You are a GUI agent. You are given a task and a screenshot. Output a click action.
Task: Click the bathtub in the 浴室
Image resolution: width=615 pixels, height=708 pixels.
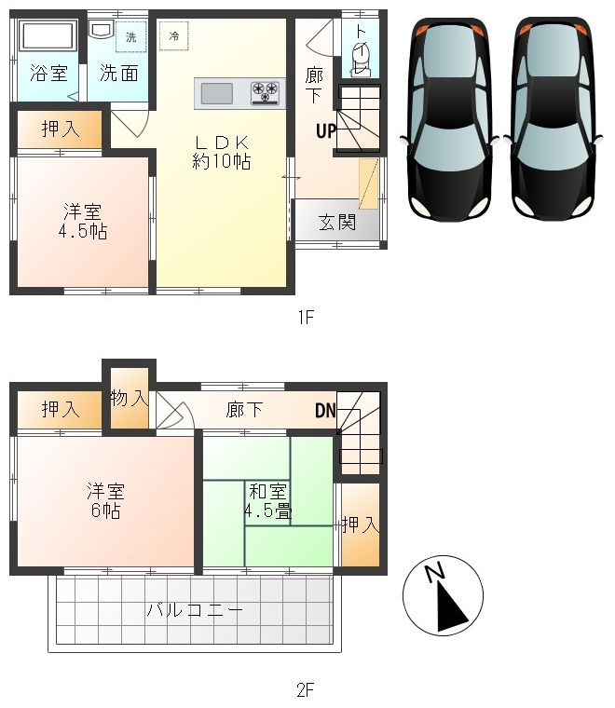pos(47,36)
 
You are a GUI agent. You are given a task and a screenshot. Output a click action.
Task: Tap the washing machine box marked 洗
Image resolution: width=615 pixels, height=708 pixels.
pos(131,36)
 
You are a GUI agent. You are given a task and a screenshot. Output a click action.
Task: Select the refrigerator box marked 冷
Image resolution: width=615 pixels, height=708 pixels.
pos(174,35)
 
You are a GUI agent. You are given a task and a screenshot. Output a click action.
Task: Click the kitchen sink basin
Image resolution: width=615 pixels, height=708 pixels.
pos(217,94)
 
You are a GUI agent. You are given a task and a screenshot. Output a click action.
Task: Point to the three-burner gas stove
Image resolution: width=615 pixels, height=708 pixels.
pos(265,93)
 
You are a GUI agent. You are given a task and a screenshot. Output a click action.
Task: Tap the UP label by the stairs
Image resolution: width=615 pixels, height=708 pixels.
pos(326,131)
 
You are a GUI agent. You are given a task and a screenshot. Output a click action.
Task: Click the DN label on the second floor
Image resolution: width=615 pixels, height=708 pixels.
pos(325,411)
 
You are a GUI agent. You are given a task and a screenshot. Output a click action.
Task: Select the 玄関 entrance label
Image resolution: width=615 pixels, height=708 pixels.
pos(337,223)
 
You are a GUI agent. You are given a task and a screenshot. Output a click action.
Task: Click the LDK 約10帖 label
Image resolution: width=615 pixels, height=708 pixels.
pos(222,152)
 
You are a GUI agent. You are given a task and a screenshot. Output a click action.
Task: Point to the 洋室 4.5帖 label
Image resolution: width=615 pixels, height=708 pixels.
pos(83,222)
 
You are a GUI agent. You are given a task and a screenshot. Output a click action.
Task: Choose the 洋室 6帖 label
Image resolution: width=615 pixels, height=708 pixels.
pos(105,501)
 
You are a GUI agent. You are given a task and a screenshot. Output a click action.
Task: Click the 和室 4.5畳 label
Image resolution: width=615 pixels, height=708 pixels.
pos(267,501)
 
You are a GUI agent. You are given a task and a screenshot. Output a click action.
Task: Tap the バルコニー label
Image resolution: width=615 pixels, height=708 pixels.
pos(195,610)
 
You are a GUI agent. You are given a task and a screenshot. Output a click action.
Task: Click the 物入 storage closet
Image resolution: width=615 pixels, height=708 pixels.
pos(130,399)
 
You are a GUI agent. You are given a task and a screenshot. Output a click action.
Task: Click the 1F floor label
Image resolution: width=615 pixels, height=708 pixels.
pos(306,318)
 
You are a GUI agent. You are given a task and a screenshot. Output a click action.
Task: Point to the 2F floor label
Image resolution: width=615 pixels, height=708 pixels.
pos(306,690)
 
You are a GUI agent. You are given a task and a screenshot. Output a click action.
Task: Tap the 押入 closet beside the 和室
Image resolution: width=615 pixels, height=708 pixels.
pos(361,524)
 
